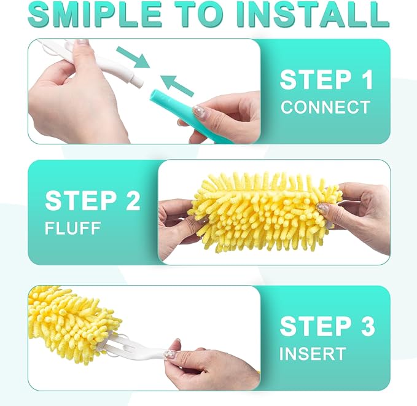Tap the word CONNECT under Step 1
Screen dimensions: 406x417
pyautogui.click(x=325, y=107)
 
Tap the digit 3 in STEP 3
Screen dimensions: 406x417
pyautogui.click(x=367, y=327)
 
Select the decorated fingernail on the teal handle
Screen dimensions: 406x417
pyautogui.click(x=198, y=111)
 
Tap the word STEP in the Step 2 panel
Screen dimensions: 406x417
pyautogui.click(x=80, y=201)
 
